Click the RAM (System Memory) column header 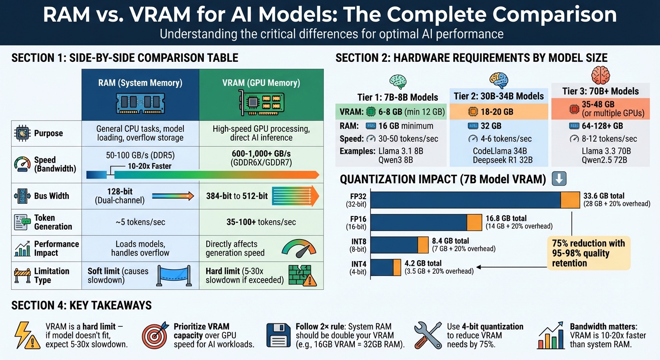tap(140, 83)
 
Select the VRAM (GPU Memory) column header tap(261, 83)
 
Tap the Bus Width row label tap(52, 196)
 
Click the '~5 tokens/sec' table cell tap(140, 222)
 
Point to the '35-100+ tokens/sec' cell tap(261, 222)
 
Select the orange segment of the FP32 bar tap(570, 200)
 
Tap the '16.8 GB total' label tap(506, 218)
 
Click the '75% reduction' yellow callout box tap(588, 253)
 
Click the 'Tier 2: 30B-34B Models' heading tap(499, 96)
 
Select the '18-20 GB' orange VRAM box tap(499, 112)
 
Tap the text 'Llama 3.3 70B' tap(602, 150)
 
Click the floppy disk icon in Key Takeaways tap(278, 335)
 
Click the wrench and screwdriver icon tap(427, 335)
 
